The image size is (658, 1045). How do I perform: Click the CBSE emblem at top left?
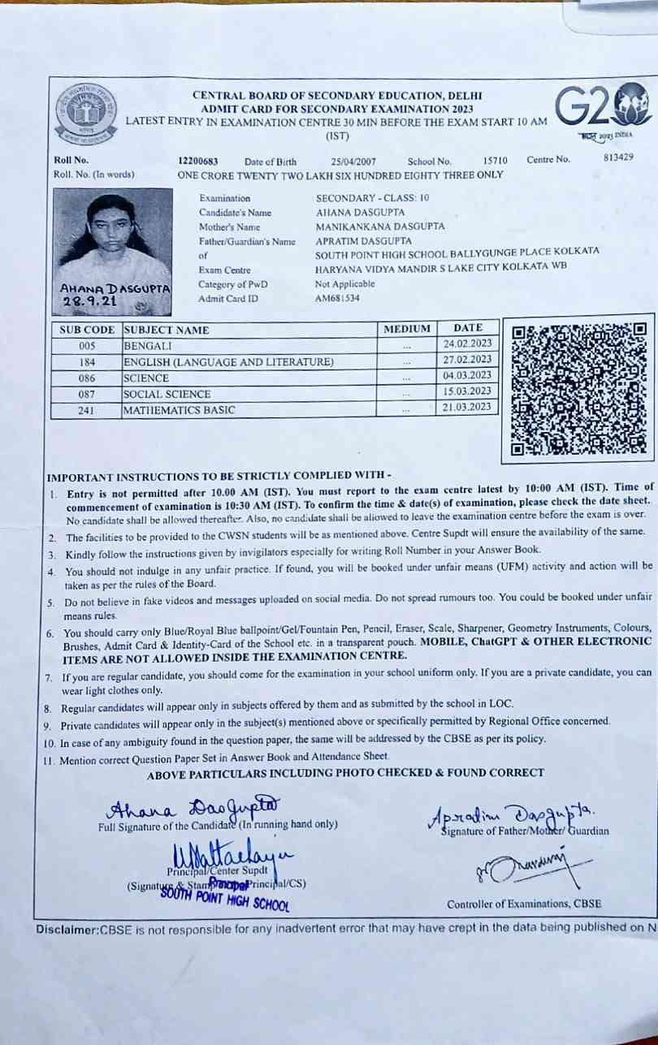(87, 111)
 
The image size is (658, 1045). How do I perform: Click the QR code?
(578, 388)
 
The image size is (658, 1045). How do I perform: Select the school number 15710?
(495, 162)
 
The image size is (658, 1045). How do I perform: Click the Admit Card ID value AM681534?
(337, 298)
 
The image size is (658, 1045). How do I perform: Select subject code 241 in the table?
(86, 411)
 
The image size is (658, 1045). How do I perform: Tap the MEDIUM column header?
(406, 329)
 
